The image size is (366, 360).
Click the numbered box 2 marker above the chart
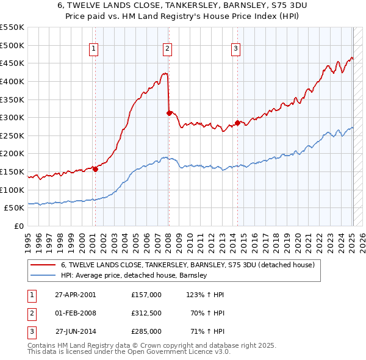coord(167,49)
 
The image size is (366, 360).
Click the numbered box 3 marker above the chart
coord(236,49)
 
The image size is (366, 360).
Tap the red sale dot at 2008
coord(169,113)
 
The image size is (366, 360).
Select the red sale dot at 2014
coord(237,123)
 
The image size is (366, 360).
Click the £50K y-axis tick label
coord(14,207)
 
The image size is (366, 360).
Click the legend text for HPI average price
coord(134,275)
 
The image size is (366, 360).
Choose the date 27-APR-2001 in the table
coord(76,295)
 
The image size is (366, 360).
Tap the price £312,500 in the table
coord(146,313)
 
